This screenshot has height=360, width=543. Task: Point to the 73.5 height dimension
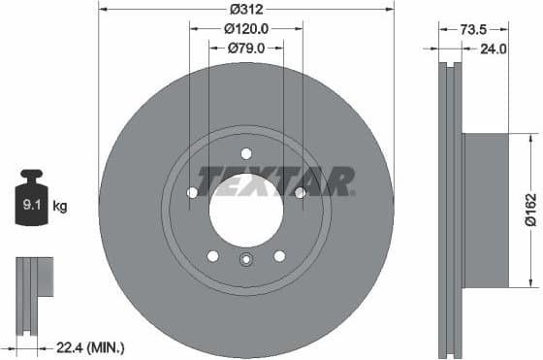(473, 29)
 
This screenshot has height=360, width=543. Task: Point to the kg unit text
(60, 206)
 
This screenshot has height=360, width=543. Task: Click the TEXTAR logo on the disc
(276, 180)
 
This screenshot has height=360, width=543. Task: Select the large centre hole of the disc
(245, 210)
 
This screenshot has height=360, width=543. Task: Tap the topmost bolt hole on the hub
(245, 152)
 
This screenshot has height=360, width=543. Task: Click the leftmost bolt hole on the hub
(192, 192)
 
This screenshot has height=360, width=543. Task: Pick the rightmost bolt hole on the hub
(300, 192)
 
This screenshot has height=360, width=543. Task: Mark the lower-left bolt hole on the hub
(212, 255)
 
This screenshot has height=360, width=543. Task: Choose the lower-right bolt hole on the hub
(279, 255)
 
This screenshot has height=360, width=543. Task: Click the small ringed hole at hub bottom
(245, 259)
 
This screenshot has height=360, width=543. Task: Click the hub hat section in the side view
(485, 210)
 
